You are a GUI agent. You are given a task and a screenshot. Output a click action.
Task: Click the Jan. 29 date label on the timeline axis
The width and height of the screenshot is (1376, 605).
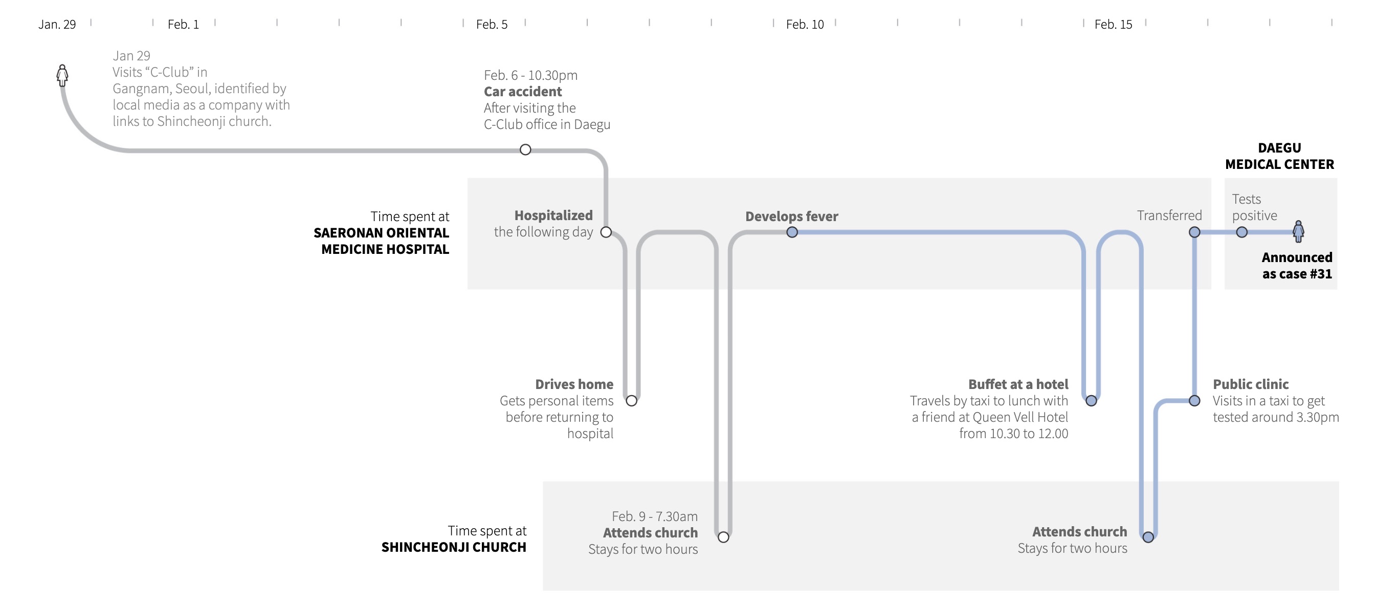coord(57,25)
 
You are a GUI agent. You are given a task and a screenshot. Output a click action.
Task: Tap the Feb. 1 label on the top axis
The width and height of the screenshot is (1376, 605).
coord(183,25)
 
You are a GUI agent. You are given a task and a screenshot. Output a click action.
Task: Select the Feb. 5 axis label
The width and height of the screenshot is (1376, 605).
coord(492,25)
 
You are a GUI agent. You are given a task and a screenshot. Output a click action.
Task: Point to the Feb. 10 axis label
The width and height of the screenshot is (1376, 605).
coord(805,25)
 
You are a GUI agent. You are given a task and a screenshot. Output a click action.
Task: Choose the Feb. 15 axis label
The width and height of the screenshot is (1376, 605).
coord(1113,25)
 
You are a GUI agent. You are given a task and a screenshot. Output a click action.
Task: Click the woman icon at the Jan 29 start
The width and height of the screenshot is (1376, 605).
coord(62,75)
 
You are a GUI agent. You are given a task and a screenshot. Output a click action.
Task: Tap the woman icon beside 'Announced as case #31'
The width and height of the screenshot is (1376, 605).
coord(1298,231)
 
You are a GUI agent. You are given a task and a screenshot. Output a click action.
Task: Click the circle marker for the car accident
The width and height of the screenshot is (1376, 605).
coord(525,149)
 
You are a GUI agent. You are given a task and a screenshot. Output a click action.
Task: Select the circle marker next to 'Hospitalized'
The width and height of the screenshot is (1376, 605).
coord(606,232)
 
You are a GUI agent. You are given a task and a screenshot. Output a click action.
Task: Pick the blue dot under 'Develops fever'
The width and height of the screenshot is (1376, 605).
coord(792,232)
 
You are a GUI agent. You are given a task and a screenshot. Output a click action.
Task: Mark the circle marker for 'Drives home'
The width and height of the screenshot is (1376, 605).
coord(631,400)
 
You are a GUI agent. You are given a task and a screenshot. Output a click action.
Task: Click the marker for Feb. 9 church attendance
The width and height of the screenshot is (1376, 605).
coord(723,536)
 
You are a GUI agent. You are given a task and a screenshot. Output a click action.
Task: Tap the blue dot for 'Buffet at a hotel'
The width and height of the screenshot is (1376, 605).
coord(1091,400)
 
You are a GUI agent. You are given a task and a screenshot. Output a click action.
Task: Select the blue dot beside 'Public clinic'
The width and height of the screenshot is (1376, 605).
coord(1194,400)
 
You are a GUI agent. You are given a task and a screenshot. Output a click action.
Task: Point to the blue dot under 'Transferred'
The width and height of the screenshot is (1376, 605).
coord(1194,232)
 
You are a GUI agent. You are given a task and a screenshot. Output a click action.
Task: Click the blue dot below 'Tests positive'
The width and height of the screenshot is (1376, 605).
coord(1241,232)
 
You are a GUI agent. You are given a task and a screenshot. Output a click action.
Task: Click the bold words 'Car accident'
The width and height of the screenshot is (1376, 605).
coord(522,92)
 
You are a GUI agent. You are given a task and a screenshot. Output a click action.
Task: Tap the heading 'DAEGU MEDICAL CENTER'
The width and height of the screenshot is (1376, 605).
coord(1279,156)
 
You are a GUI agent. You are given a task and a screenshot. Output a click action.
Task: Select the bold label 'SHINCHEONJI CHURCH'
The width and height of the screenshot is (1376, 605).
coord(454,547)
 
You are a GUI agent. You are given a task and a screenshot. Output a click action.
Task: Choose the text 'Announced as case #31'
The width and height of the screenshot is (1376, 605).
coord(1296,266)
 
